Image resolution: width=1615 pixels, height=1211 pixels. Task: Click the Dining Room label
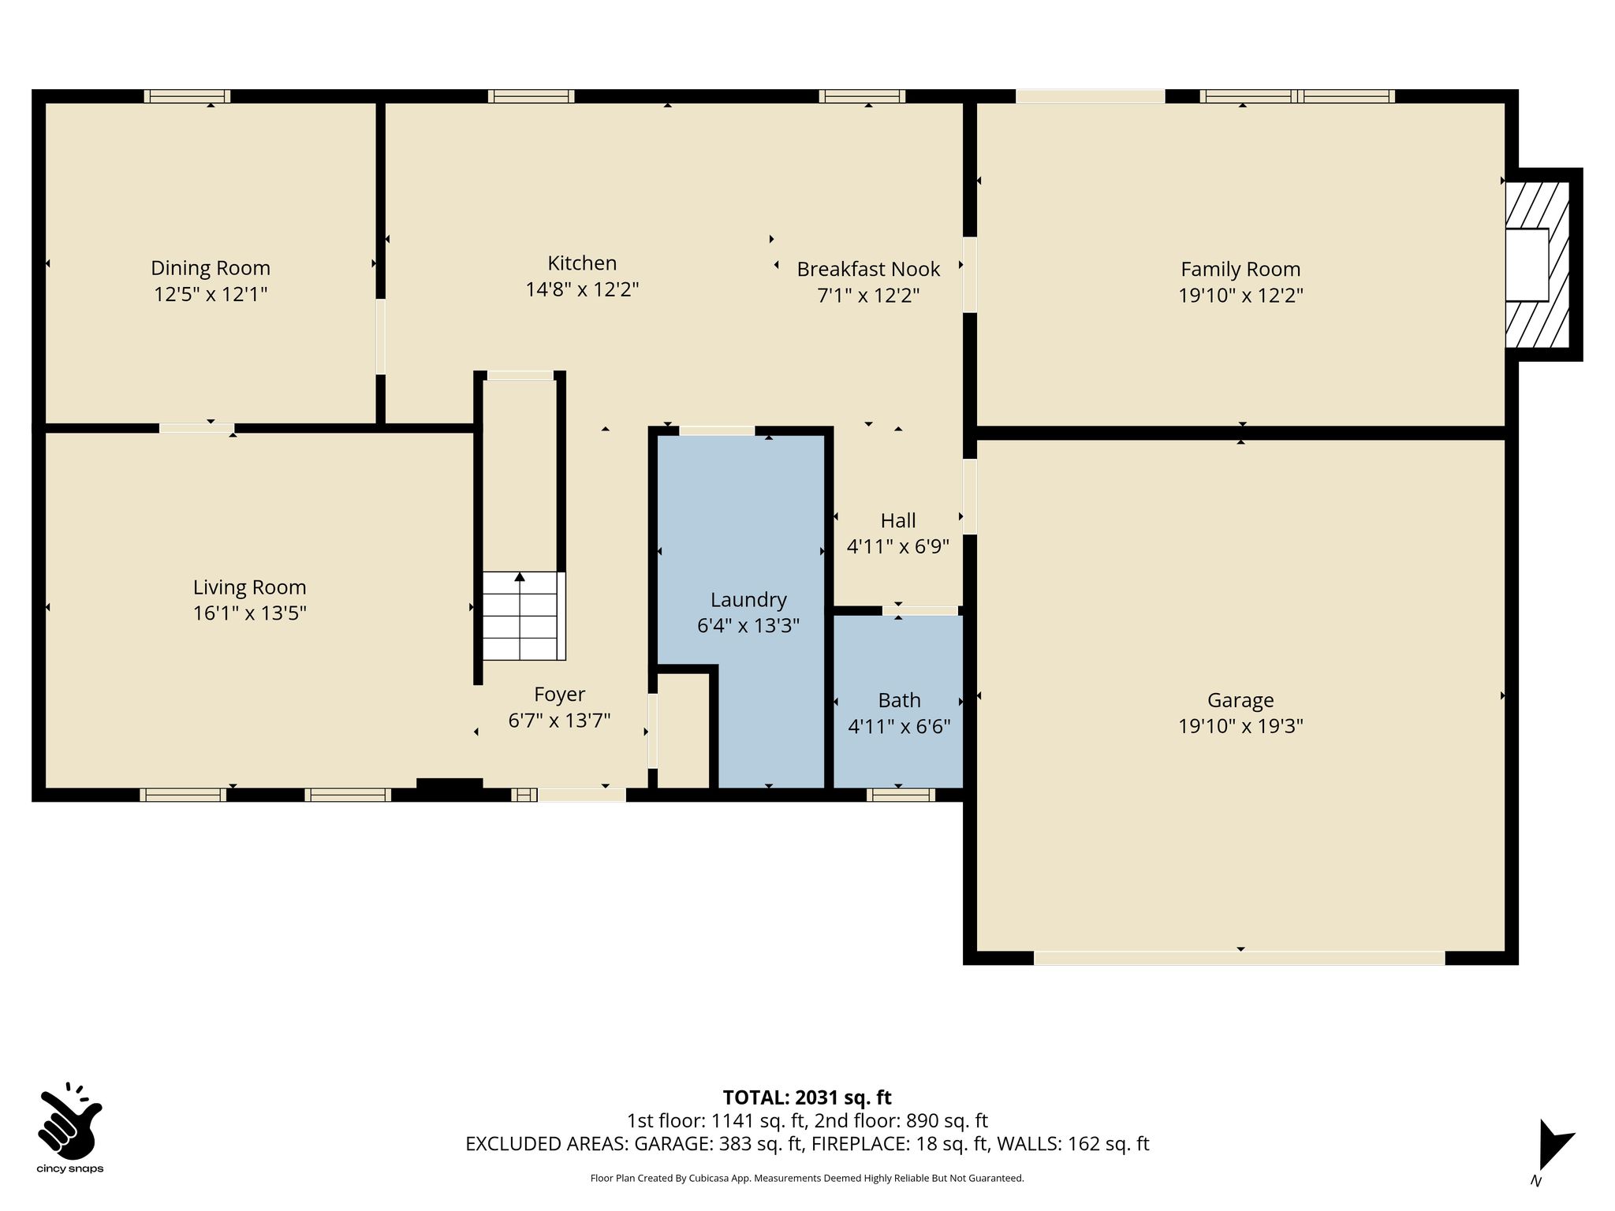[x=211, y=268]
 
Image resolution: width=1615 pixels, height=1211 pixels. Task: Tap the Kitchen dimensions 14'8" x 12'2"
[x=582, y=289]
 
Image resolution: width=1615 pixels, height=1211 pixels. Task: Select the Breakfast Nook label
[x=868, y=269]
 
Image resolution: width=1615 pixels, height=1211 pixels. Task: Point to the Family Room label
[x=1240, y=270]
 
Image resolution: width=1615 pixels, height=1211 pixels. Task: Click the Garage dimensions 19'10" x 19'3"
[x=1240, y=726]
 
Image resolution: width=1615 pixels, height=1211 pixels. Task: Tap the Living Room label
[x=249, y=587]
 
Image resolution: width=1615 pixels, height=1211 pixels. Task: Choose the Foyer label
[x=559, y=695]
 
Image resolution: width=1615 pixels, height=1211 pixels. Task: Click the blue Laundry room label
[x=748, y=600]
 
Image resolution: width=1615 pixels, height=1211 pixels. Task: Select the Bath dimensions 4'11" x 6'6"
[x=899, y=726]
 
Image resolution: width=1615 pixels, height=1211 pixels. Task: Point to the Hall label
[x=898, y=520]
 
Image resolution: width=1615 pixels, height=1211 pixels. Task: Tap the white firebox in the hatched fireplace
[x=1527, y=264]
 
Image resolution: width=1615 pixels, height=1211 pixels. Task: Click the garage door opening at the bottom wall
[x=1239, y=958]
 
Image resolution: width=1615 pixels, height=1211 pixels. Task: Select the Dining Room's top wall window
[x=187, y=96]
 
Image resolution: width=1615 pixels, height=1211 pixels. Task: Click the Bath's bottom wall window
[x=901, y=795]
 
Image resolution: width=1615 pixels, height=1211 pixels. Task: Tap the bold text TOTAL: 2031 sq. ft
[x=807, y=1097]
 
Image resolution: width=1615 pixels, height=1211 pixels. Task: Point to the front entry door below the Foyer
[x=581, y=795]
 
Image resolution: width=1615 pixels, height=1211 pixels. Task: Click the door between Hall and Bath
[x=919, y=610]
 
